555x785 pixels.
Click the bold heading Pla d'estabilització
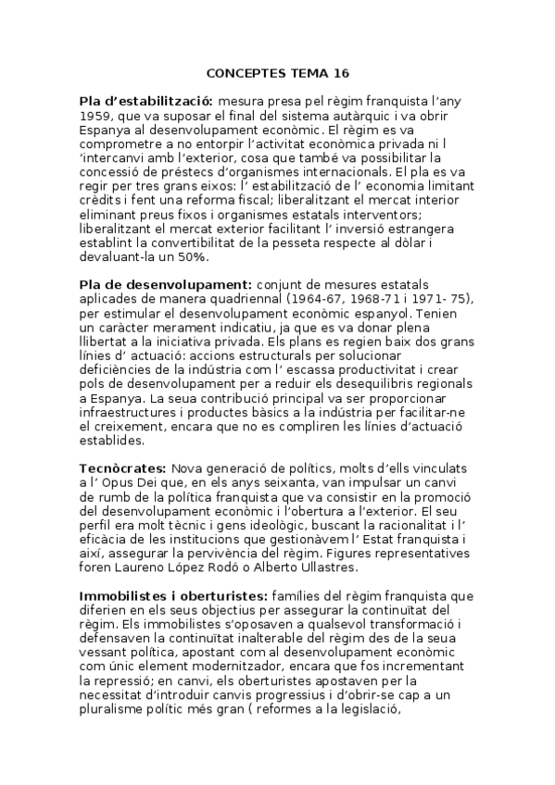click(146, 99)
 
